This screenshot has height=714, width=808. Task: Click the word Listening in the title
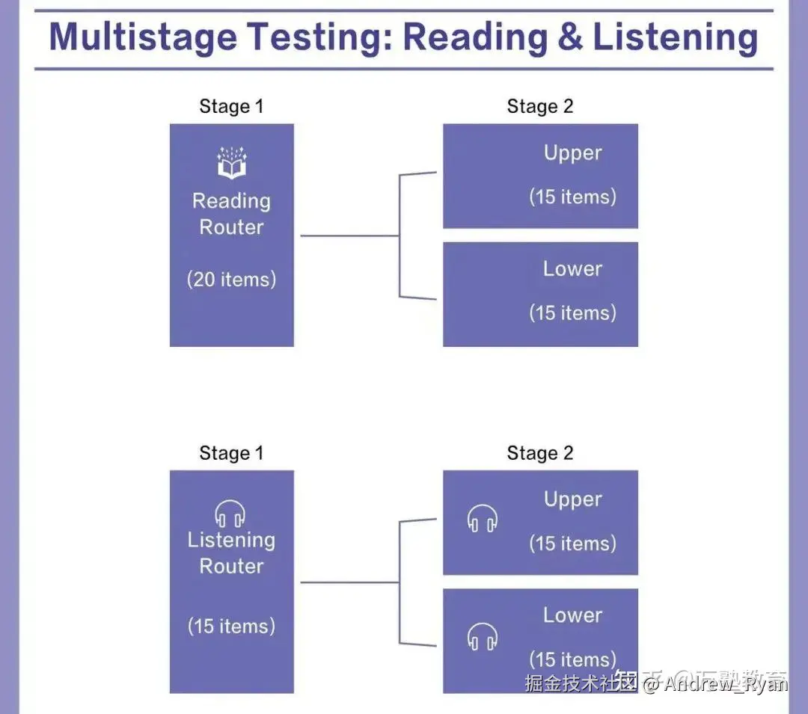point(676,37)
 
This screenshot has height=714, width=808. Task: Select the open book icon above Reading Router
point(232,163)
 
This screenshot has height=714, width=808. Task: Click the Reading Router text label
point(231,214)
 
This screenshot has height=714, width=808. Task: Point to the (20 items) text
point(231,280)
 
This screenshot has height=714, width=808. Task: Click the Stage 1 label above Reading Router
point(231,106)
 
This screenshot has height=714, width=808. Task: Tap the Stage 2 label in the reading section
point(540,106)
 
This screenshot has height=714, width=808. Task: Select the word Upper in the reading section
point(572,153)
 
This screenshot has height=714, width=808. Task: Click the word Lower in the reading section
point(572,269)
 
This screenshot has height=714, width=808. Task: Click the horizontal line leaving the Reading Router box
point(349,236)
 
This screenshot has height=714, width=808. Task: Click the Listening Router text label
point(231,553)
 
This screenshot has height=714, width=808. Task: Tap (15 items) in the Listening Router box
point(231,626)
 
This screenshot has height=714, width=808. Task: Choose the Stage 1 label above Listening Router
point(231,453)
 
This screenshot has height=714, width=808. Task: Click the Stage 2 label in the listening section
point(540,453)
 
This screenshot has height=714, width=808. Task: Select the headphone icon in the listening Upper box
point(483,518)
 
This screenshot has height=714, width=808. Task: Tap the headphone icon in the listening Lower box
point(483,636)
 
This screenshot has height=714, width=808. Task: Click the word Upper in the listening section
point(572,499)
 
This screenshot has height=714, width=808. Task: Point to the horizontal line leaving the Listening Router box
point(349,582)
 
